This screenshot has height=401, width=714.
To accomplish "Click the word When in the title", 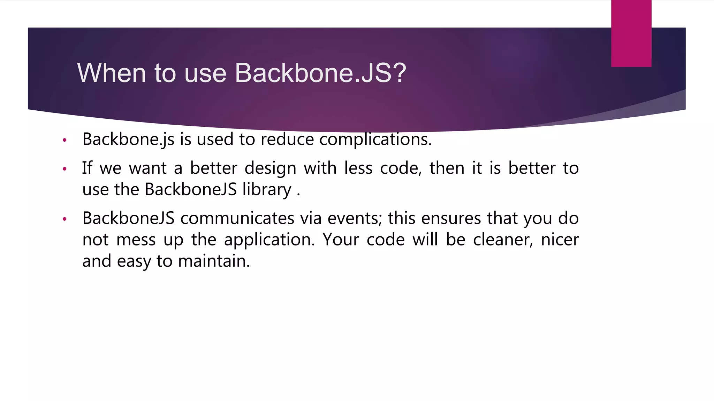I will coord(112,73).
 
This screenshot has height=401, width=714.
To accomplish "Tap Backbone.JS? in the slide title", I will coord(320,73).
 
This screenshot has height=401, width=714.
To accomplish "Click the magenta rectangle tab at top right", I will coord(631,33).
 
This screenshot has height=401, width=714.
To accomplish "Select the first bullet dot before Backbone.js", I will coord(64,140).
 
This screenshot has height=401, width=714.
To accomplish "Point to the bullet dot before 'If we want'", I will coord(64,169).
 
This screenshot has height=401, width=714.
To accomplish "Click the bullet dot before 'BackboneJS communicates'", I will coord(64,219).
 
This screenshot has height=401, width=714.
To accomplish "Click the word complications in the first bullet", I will coord(375,140).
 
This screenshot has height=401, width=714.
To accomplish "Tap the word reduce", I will coord(287,140).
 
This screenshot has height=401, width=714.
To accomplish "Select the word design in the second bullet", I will coord(270,168).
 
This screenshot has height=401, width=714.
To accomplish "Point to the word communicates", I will coord(237,219).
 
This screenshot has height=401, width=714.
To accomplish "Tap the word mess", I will coord(136,240).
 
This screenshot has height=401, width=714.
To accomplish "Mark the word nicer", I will coord(560,240).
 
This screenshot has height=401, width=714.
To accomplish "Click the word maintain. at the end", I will coord(214,261).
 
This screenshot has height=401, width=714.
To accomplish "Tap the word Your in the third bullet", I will coord(341,240).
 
